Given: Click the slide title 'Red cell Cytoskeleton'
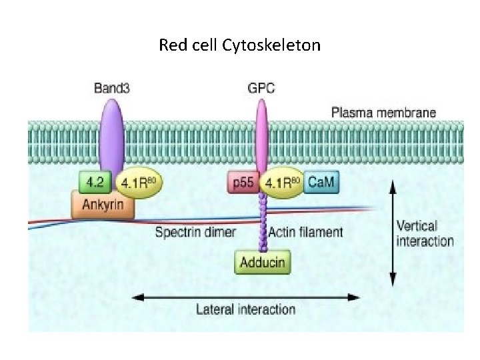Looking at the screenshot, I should click(239, 45).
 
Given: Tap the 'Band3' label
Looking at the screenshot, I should click(110, 88).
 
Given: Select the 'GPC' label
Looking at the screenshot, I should click(261, 88).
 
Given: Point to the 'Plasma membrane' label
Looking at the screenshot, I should click(383, 112).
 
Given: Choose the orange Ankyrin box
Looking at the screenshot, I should click(103, 205).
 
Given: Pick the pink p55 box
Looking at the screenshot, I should click(243, 182).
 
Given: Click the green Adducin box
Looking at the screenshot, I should click(263, 261).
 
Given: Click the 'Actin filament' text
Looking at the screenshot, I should click(306, 233).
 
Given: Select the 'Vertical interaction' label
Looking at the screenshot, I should click(425, 233).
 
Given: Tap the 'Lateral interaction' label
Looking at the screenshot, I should click(245, 309).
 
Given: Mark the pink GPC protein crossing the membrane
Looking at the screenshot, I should click(261, 140).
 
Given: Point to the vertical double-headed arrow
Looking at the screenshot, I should click(392, 233).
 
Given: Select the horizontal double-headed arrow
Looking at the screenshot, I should click(245, 296).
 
